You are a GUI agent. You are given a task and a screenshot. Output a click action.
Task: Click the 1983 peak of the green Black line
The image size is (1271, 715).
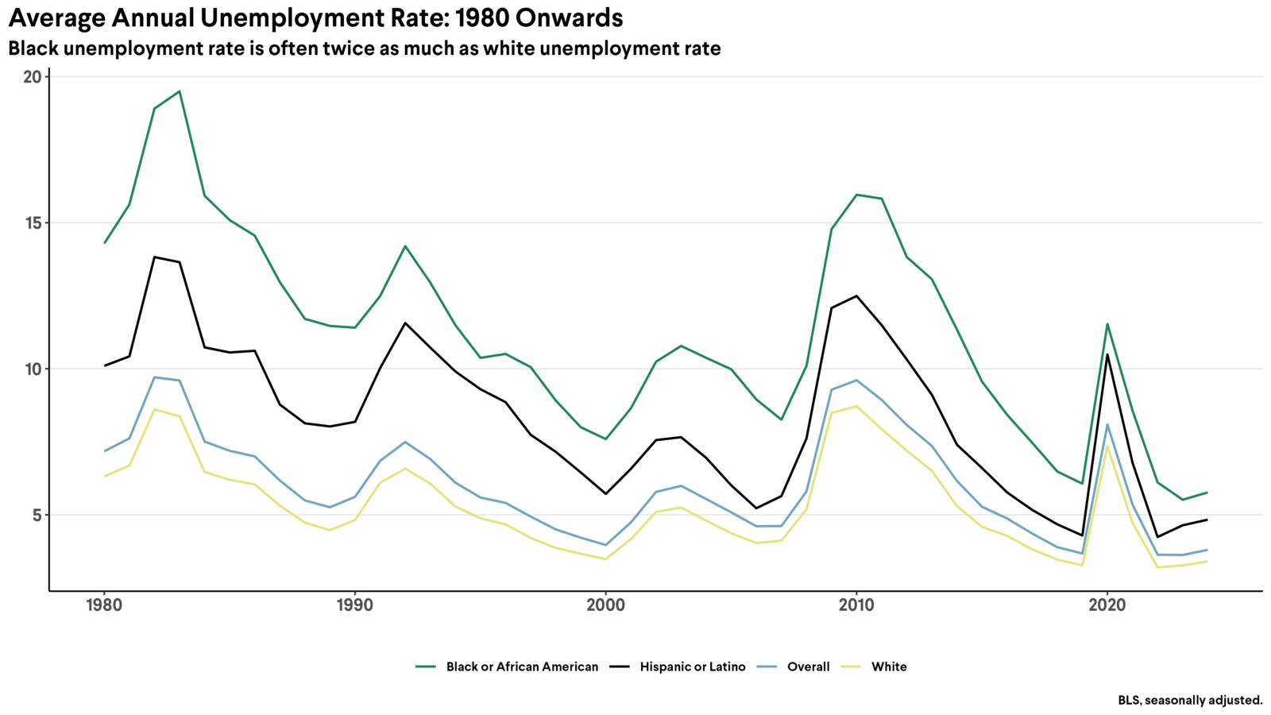click(180, 91)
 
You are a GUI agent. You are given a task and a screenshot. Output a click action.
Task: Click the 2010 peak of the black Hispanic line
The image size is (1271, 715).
click(856, 296)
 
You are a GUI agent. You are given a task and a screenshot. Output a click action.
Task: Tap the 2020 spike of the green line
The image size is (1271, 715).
click(1107, 324)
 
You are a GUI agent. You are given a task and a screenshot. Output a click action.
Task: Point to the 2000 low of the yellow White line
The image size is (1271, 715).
click(605, 559)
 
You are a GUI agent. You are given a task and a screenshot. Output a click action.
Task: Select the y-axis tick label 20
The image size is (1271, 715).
click(32, 77)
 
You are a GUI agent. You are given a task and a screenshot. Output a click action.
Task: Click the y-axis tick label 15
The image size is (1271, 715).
click(32, 223)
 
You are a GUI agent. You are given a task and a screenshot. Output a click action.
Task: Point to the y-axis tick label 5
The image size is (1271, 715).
click(37, 516)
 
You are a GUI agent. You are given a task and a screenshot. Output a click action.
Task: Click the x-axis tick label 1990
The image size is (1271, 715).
click(354, 605)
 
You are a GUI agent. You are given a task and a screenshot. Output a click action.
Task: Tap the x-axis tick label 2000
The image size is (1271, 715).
click(605, 605)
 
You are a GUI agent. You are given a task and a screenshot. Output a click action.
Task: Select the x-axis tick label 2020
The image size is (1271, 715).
click(1107, 605)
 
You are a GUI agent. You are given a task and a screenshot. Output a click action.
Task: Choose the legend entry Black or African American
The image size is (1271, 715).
click(521, 667)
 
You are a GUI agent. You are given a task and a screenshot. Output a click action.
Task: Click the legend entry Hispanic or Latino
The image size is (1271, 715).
click(692, 667)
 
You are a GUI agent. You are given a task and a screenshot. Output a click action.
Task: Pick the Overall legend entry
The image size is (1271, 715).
click(808, 667)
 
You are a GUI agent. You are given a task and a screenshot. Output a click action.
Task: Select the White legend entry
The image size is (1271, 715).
click(888, 667)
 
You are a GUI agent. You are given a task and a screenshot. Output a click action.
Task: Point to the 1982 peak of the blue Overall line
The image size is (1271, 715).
click(154, 377)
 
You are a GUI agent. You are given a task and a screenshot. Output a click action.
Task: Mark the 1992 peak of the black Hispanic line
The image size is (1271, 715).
click(405, 323)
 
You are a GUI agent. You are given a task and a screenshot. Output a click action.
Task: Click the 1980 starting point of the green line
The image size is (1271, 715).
click(104, 243)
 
